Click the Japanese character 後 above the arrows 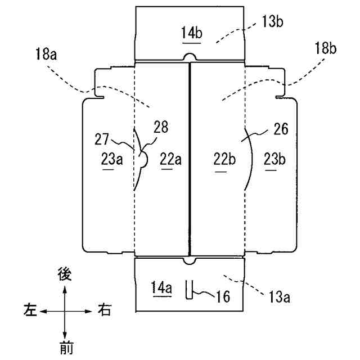[66, 274]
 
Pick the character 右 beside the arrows [103, 309]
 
